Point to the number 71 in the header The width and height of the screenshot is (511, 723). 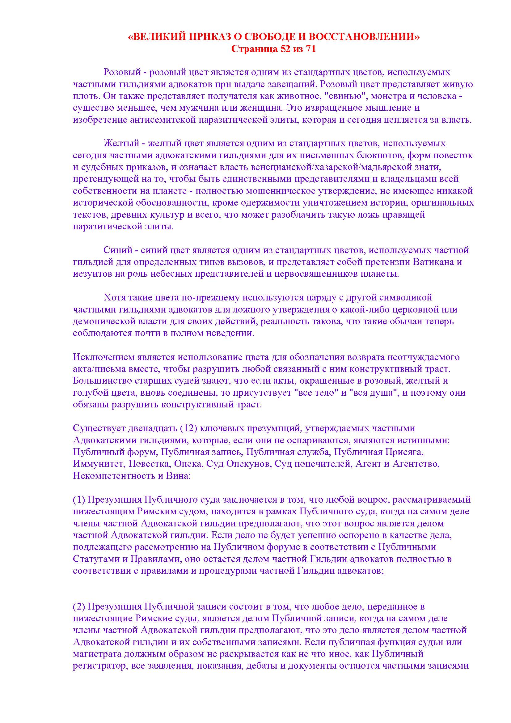(x=310, y=49)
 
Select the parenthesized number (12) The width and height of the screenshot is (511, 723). (x=188, y=428)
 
